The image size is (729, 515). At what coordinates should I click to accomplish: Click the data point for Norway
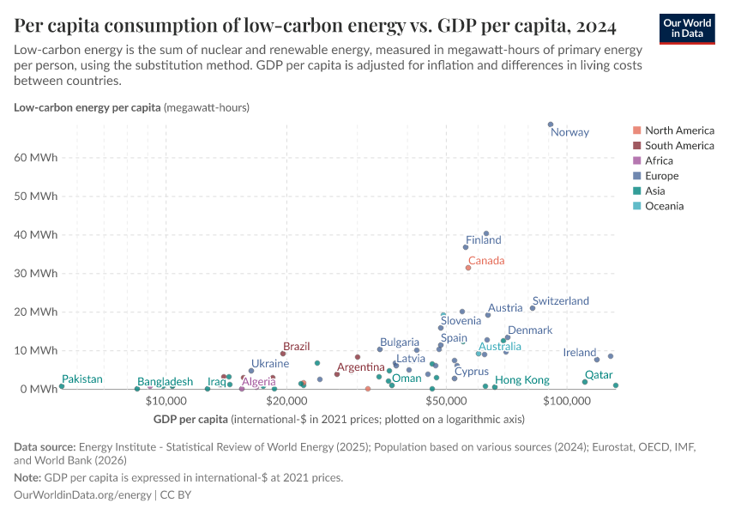click(x=551, y=124)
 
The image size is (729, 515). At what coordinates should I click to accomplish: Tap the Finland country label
click(x=483, y=240)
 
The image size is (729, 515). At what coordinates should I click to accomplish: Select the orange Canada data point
click(x=468, y=268)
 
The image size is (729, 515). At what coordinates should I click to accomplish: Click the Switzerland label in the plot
click(x=560, y=301)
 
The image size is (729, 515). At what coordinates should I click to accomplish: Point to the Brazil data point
click(x=283, y=354)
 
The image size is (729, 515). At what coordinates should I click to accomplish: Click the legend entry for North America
click(x=678, y=130)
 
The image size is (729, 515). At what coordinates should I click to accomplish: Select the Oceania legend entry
click(x=664, y=206)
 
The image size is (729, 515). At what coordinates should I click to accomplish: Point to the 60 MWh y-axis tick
click(x=35, y=158)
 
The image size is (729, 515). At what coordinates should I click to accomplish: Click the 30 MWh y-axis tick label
click(x=35, y=274)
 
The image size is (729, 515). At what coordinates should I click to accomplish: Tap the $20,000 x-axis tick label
click(x=286, y=401)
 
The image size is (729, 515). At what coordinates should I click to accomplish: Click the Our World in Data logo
click(x=687, y=27)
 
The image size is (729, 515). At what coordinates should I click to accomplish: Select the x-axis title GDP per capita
click(x=190, y=419)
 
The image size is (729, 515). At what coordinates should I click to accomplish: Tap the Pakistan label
click(x=82, y=379)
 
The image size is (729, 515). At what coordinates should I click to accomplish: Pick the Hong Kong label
click(x=522, y=380)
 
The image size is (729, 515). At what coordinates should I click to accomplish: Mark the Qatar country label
click(x=599, y=375)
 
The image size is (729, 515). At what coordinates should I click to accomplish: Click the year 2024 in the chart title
click(x=588, y=27)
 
